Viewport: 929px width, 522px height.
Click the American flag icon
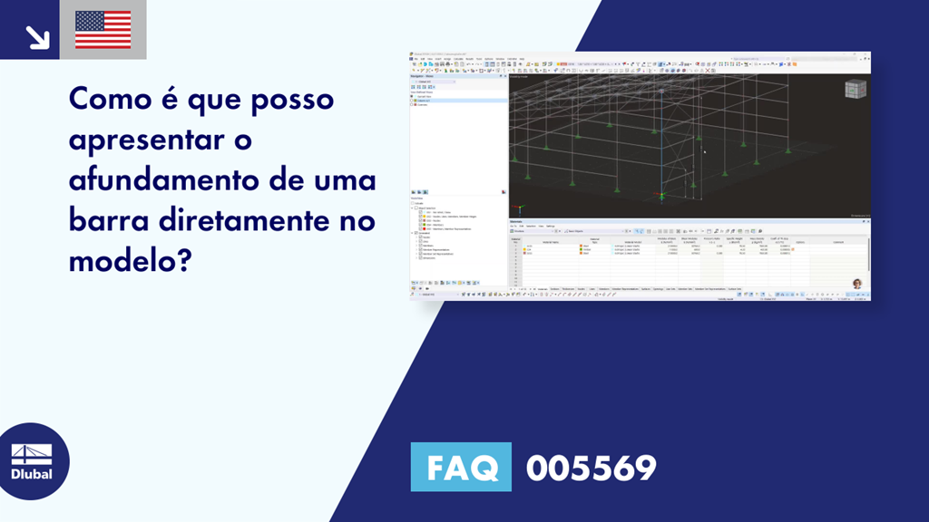tap(103, 30)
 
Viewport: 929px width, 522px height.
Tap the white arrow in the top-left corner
tap(37, 37)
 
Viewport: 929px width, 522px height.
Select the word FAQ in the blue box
tap(462, 468)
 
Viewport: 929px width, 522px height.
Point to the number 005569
tap(591, 468)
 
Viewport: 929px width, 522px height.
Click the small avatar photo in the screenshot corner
tap(856, 284)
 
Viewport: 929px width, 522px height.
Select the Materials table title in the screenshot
tap(516, 221)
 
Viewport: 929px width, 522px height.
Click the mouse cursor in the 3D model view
tap(705, 151)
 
